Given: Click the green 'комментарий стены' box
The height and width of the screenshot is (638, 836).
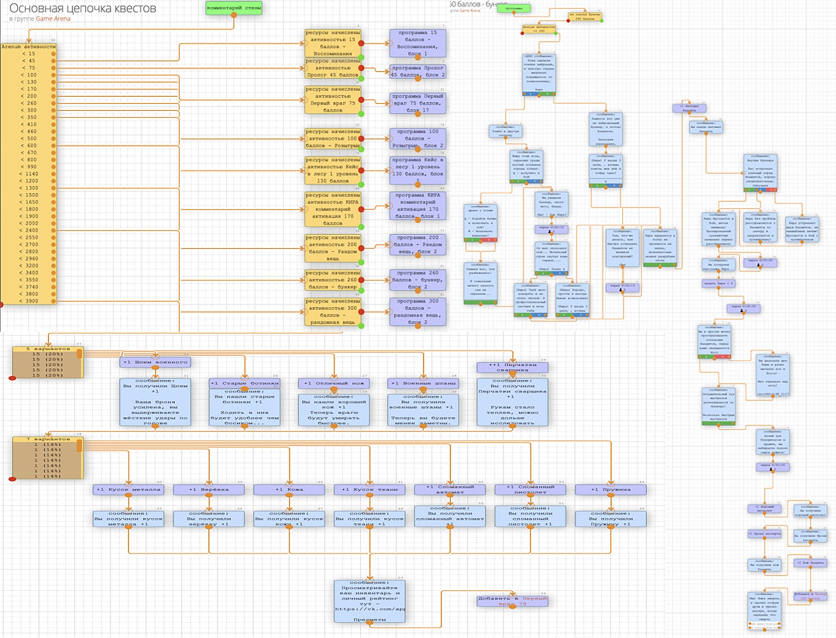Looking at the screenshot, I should click(x=234, y=8).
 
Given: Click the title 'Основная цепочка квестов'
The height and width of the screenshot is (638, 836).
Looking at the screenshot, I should click(x=82, y=8).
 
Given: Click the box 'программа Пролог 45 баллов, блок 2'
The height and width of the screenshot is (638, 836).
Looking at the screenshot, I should click(x=417, y=71).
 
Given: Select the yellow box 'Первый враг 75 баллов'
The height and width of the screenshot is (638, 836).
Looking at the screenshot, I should click(x=333, y=99).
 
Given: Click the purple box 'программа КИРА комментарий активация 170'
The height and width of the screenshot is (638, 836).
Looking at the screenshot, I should click(x=417, y=206).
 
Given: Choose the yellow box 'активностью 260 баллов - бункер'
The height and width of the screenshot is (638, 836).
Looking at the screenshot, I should click(x=333, y=280).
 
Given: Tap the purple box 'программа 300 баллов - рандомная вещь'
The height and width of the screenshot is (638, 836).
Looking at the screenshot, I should click(x=417, y=311).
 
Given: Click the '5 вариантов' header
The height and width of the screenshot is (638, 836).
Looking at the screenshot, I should click(x=47, y=349).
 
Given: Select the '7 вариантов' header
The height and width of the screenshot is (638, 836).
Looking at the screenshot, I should click(x=47, y=439).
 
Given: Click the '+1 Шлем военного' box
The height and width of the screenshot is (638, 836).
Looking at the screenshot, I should click(x=155, y=362).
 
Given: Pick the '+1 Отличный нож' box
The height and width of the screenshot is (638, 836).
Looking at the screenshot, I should click(x=334, y=383).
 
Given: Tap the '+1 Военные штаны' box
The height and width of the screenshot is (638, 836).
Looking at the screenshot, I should click(x=423, y=383).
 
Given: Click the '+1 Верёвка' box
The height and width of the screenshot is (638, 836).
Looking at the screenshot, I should click(x=208, y=489).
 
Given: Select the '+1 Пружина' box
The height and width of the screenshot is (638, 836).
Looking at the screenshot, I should click(x=610, y=489).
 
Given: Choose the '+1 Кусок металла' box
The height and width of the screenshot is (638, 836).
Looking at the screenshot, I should click(x=128, y=489).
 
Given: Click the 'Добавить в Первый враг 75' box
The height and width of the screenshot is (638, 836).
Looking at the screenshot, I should click(x=512, y=601).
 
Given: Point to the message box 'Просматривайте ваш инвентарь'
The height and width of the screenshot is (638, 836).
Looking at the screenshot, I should click(x=369, y=601).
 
